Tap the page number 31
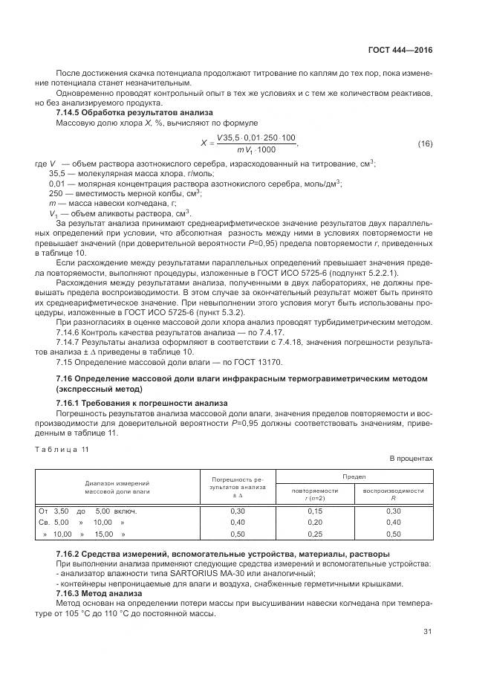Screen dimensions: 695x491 427,632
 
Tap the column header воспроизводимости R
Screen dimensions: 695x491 393,494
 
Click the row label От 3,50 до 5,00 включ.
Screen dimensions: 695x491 87,511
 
